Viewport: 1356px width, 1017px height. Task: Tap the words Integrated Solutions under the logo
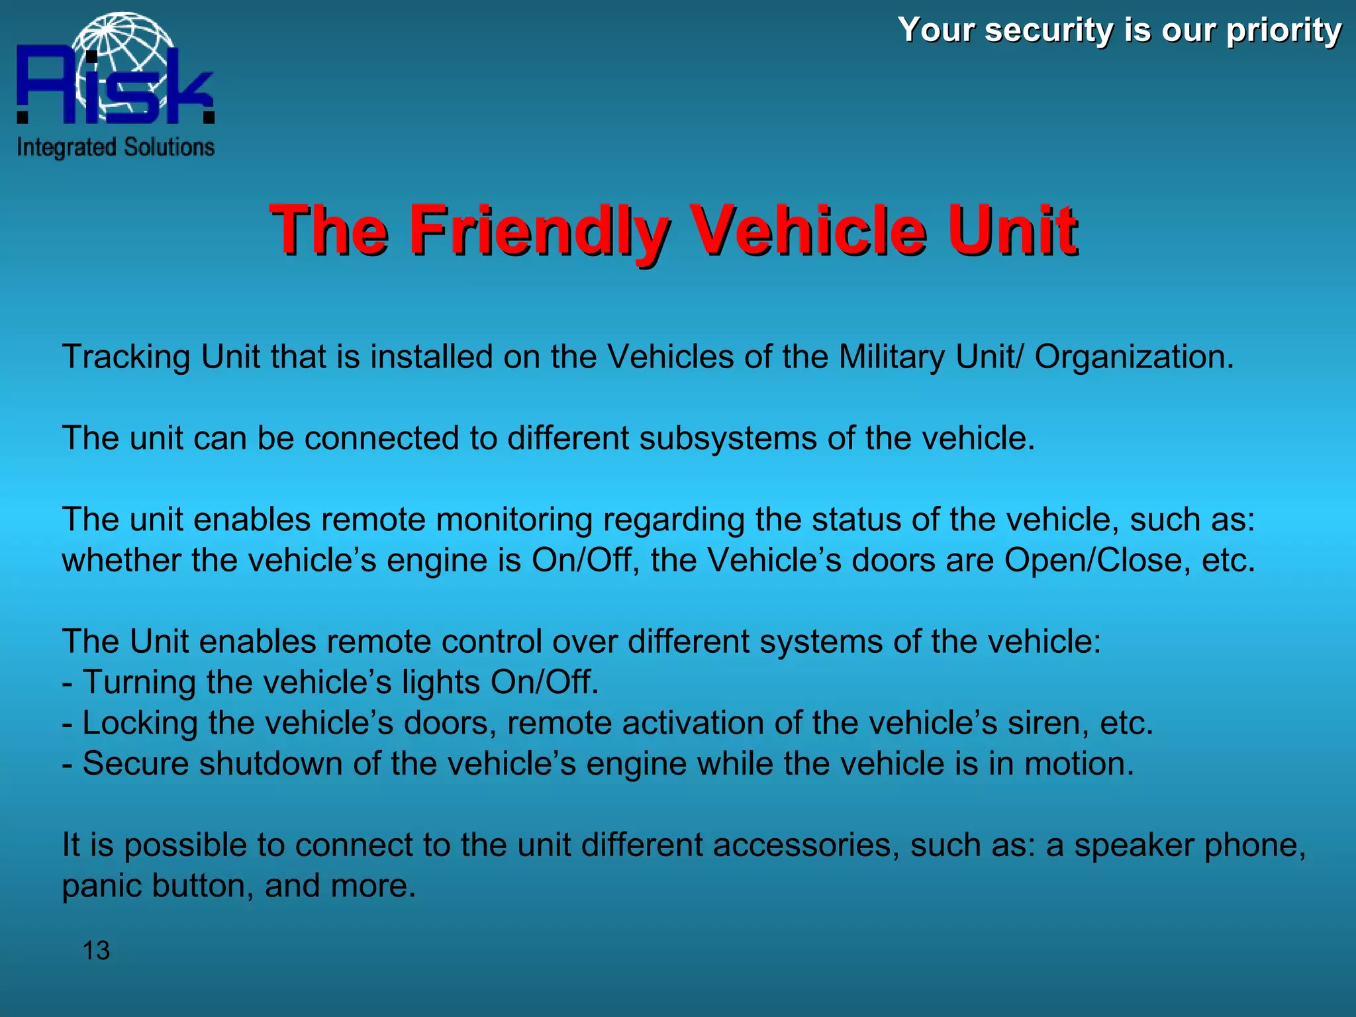(116, 147)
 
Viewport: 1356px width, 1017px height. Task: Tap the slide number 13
(96, 951)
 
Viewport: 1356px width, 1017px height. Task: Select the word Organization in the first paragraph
(1134, 357)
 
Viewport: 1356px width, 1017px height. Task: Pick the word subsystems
(728, 438)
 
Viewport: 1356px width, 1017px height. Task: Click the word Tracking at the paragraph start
(126, 357)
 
